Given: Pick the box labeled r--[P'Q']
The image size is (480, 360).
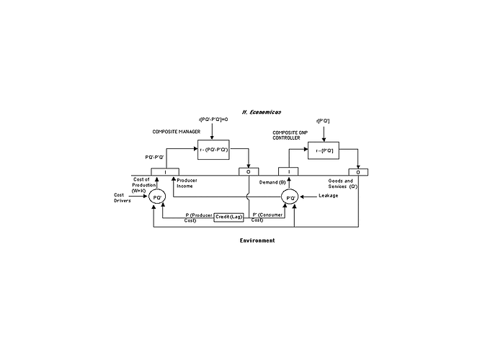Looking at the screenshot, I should pyautogui.click(x=323, y=152).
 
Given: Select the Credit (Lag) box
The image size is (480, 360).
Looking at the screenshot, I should pyautogui.click(x=229, y=216).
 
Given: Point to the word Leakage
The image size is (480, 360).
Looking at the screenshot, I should pyautogui.click(x=328, y=195).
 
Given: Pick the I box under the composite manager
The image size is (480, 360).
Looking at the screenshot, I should pyautogui.click(x=165, y=171).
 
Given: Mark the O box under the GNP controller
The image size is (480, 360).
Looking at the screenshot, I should pyautogui.click(x=357, y=171).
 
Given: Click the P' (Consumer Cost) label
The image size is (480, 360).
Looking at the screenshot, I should pyautogui.click(x=268, y=216).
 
